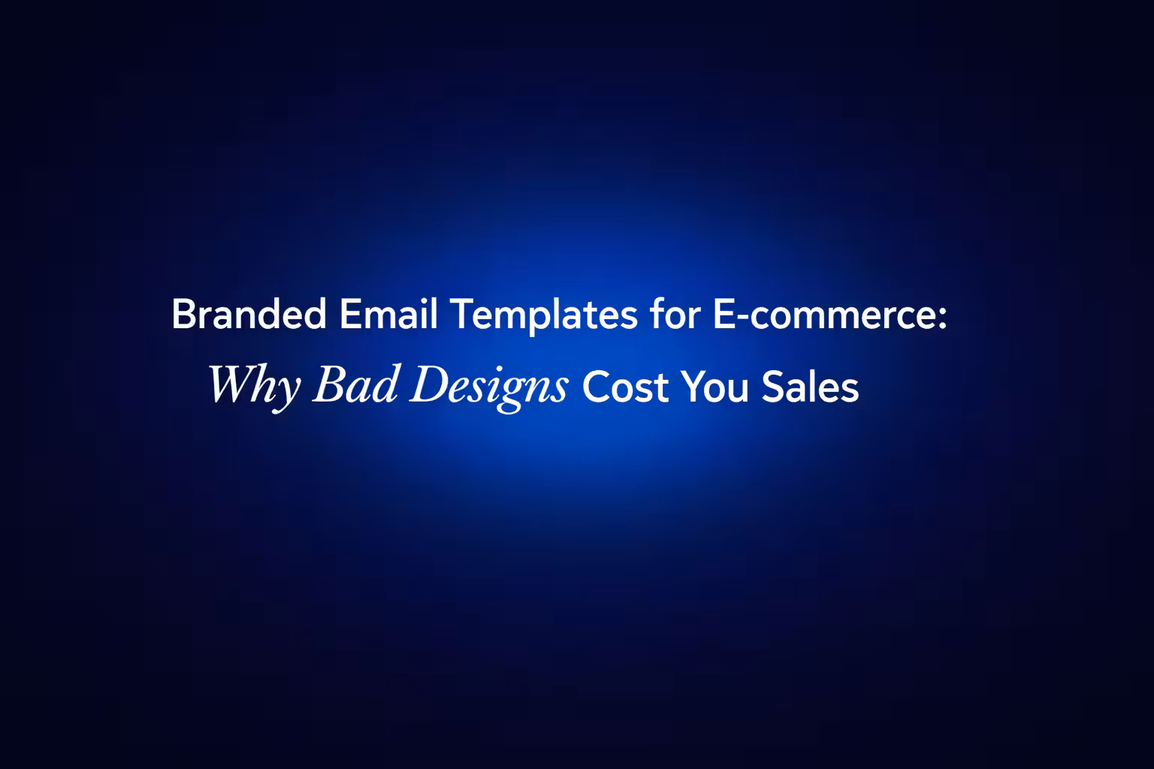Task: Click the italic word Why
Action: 254,386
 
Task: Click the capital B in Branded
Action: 183,315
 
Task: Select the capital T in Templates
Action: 459,315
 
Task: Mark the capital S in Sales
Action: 772,388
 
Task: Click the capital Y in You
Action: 692,388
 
